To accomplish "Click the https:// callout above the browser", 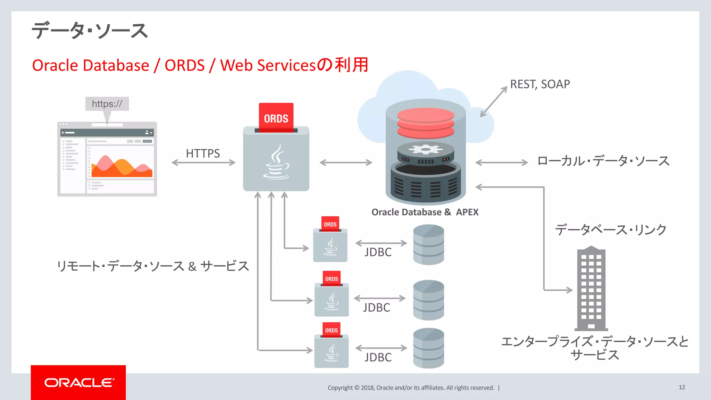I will (x=107, y=104).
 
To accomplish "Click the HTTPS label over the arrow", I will (x=203, y=153).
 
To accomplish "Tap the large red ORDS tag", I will (x=276, y=118).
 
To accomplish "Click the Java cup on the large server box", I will (x=276, y=162).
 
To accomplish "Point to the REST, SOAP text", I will (x=540, y=84).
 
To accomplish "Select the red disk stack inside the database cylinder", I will (x=426, y=123).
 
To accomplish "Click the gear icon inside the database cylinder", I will (x=426, y=150).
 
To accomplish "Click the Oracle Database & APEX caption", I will (x=425, y=212).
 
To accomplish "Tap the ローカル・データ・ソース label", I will (x=603, y=161).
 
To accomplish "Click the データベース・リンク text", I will (x=611, y=230).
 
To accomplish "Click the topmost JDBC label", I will (x=378, y=252).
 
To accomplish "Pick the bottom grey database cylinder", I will (x=428, y=348).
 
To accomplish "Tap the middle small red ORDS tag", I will (x=332, y=279).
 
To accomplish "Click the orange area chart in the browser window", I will (x=122, y=167).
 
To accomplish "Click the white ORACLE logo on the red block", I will (x=79, y=383).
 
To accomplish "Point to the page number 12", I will (x=682, y=387).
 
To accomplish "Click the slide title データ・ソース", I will (x=90, y=31).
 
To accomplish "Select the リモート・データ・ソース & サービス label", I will (x=153, y=266).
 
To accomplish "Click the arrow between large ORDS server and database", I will (x=346, y=162).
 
